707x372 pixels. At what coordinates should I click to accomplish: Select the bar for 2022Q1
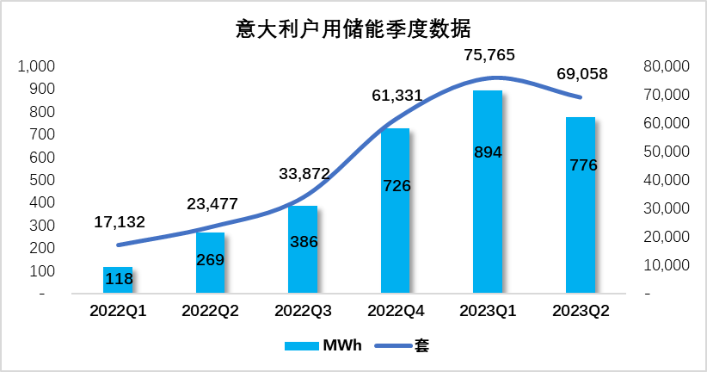pyautogui.click(x=118, y=281)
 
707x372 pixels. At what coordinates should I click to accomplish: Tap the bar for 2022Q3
pyautogui.click(x=303, y=250)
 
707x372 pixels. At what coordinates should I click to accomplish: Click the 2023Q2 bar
pyautogui.click(x=581, y=206)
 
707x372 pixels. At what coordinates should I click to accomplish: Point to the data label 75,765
pyautogui.click(x=488, y=55)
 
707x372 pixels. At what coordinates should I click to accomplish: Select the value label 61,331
pyautogui.click(x=397, y=96)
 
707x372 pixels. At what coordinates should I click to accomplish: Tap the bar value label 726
pyautogui.click(x=396, y=185)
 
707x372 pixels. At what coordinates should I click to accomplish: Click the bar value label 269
pyautogui.click(x=210, y=260)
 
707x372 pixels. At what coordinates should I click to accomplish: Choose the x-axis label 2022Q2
pyautogui.click(x=210, y=312)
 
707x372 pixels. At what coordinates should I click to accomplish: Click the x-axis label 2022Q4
pyautogui.click(x=396, y=312)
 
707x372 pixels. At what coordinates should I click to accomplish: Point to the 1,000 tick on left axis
pyautogui.click(x=36, y=66)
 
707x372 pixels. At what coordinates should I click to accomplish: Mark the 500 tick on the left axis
pyautogui.click(x=42, y=180)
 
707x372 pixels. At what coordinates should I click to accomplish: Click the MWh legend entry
pyautogui.click(x=323, y=346)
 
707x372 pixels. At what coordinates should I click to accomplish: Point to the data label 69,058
pyautogui.click(x=581, y=74)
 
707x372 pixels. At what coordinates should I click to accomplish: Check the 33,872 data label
pyautogui.click(x=304, y=174)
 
